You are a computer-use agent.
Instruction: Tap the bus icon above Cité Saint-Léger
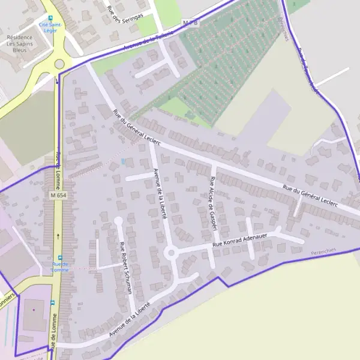50,18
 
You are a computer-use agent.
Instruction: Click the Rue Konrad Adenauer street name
239,239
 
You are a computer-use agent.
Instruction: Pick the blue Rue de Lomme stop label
60,266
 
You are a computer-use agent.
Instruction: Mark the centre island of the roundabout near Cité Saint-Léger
59,64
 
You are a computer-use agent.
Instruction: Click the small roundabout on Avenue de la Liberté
171,253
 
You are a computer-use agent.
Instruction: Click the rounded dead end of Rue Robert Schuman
118,221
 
